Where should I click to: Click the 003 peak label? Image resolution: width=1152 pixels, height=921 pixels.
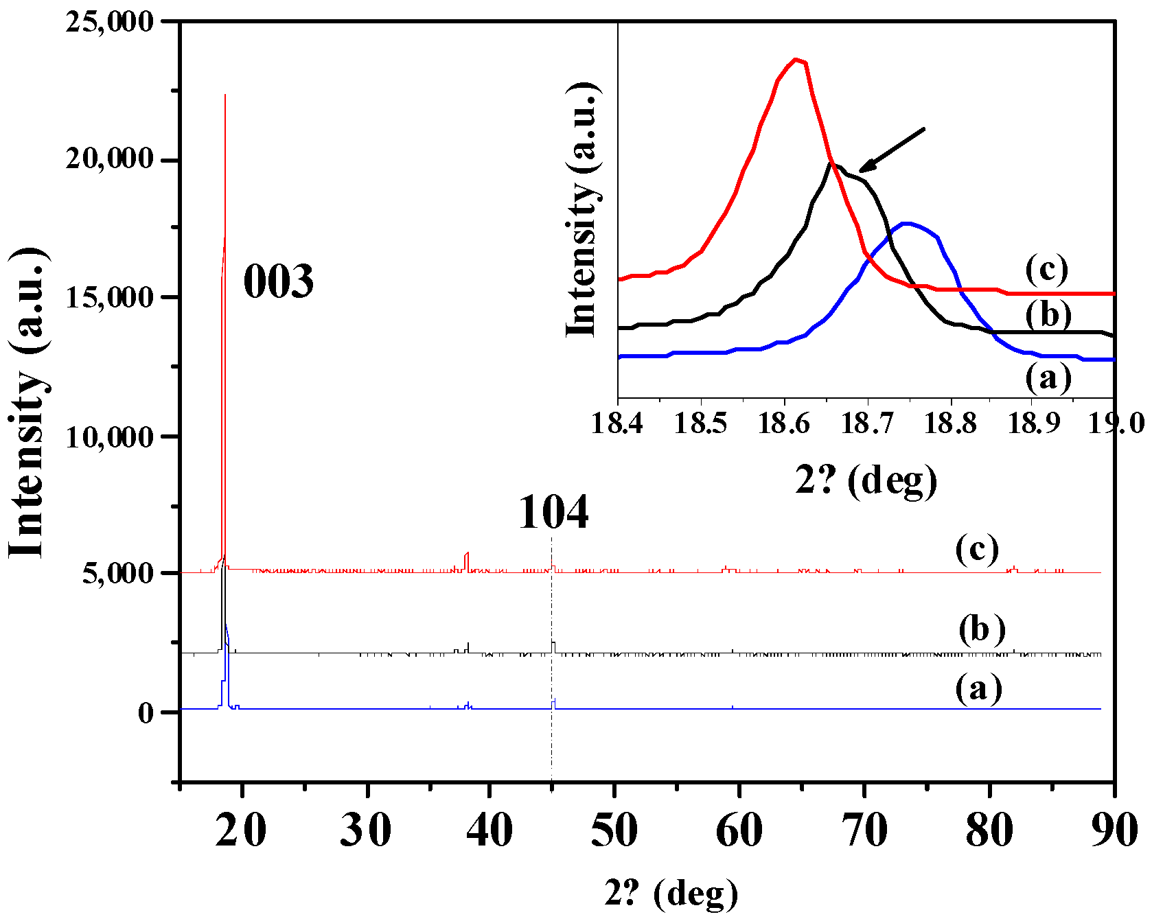coord(279,281)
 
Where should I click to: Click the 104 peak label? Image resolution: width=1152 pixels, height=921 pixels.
coord(553,513)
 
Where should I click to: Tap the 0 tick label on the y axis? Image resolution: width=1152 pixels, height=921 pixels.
coord(146,713)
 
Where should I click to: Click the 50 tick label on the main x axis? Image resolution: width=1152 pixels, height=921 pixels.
coord(614,830)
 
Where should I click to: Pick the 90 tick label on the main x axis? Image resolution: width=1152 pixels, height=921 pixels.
coord(1114,830)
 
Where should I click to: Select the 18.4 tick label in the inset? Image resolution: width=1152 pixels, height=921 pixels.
coord(617,423)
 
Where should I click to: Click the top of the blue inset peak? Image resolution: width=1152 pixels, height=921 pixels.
coord(908,223)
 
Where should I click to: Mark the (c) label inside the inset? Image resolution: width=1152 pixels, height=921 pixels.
coord(1047,269)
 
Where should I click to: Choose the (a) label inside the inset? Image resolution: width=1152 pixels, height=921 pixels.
coord(1048,377)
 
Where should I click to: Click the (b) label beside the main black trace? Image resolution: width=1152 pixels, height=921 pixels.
coord(982,629)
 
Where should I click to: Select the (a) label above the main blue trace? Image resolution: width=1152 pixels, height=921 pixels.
coord(978,688)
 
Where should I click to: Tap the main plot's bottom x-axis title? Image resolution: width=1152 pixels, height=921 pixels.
coord(671,893)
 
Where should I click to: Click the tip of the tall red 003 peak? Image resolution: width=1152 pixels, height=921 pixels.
coord(225,95)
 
